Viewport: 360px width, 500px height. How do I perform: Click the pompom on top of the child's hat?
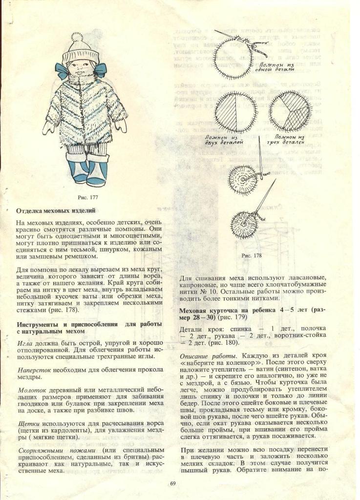pyautogui.click(x=77, y=37)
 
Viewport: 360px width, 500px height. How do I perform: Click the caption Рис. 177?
pyautogui.click(x=86, y=197)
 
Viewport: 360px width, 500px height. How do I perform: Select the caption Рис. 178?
pyautogui.click(x=252, y=255)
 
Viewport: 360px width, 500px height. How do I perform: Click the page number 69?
pyautogui.click(x=173, y=483)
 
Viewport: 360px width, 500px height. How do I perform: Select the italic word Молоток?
pyautogui.click(x=32, y=391)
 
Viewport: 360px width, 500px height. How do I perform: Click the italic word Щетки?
pyautogui.click(x=26, y=424)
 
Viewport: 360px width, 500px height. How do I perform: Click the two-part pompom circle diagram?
pyautogui.click(x=236, y=112)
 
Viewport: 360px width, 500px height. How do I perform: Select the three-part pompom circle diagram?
pyautogui.click(x=291, y=111)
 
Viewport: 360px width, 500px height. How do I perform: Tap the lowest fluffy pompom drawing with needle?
pyautogui.click(x=244, y=224)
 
